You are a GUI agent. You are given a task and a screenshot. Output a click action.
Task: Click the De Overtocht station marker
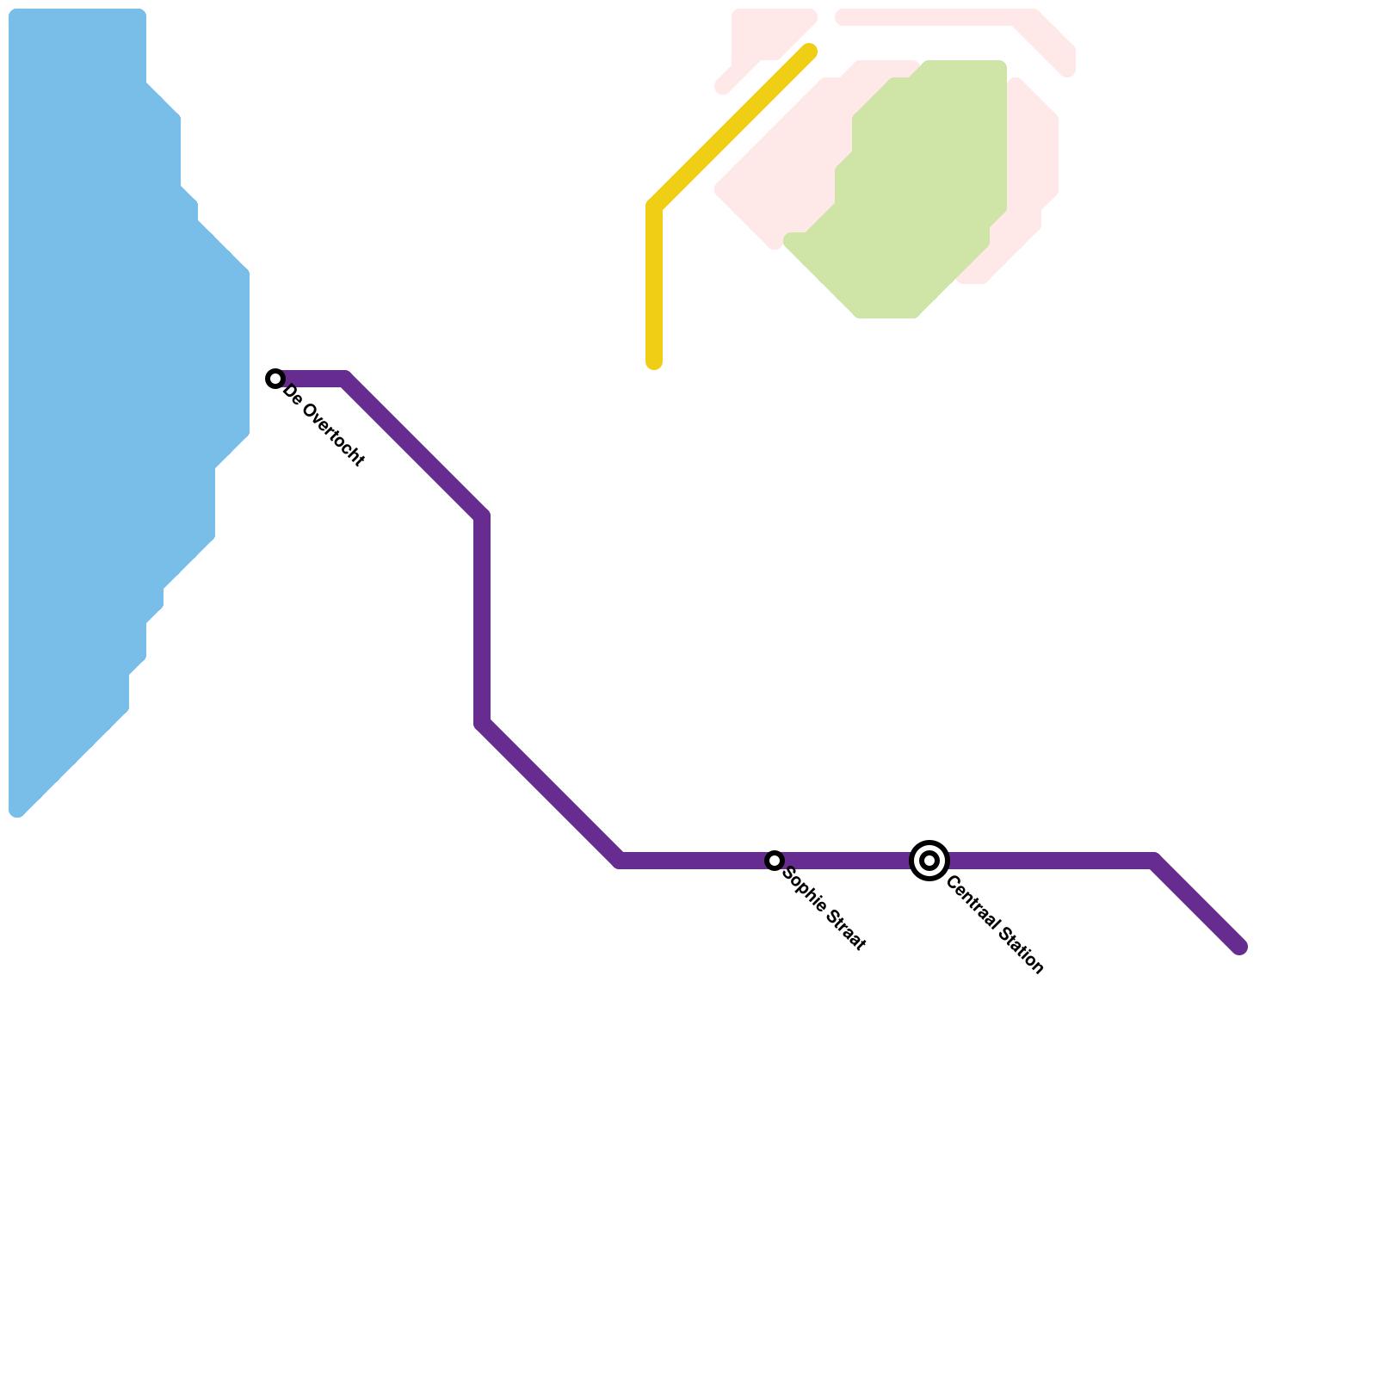click(275, 379)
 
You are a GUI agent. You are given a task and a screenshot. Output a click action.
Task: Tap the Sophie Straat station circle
click(775, 861)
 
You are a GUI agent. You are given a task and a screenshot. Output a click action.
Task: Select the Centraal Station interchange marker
click(929, 861)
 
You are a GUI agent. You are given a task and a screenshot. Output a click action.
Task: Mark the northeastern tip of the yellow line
click(809, 52)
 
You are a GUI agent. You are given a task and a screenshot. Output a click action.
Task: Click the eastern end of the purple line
click(1240, 948)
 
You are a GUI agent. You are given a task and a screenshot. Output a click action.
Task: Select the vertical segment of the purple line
click(482, 620)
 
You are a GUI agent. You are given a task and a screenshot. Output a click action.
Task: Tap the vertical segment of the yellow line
click(654, 284)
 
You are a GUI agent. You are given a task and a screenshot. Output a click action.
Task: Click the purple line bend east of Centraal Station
click(1153, 861)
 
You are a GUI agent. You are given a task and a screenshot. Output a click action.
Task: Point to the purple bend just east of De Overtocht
click(346, 379)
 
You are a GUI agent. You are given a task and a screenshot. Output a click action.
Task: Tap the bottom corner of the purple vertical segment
click(482, 725)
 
